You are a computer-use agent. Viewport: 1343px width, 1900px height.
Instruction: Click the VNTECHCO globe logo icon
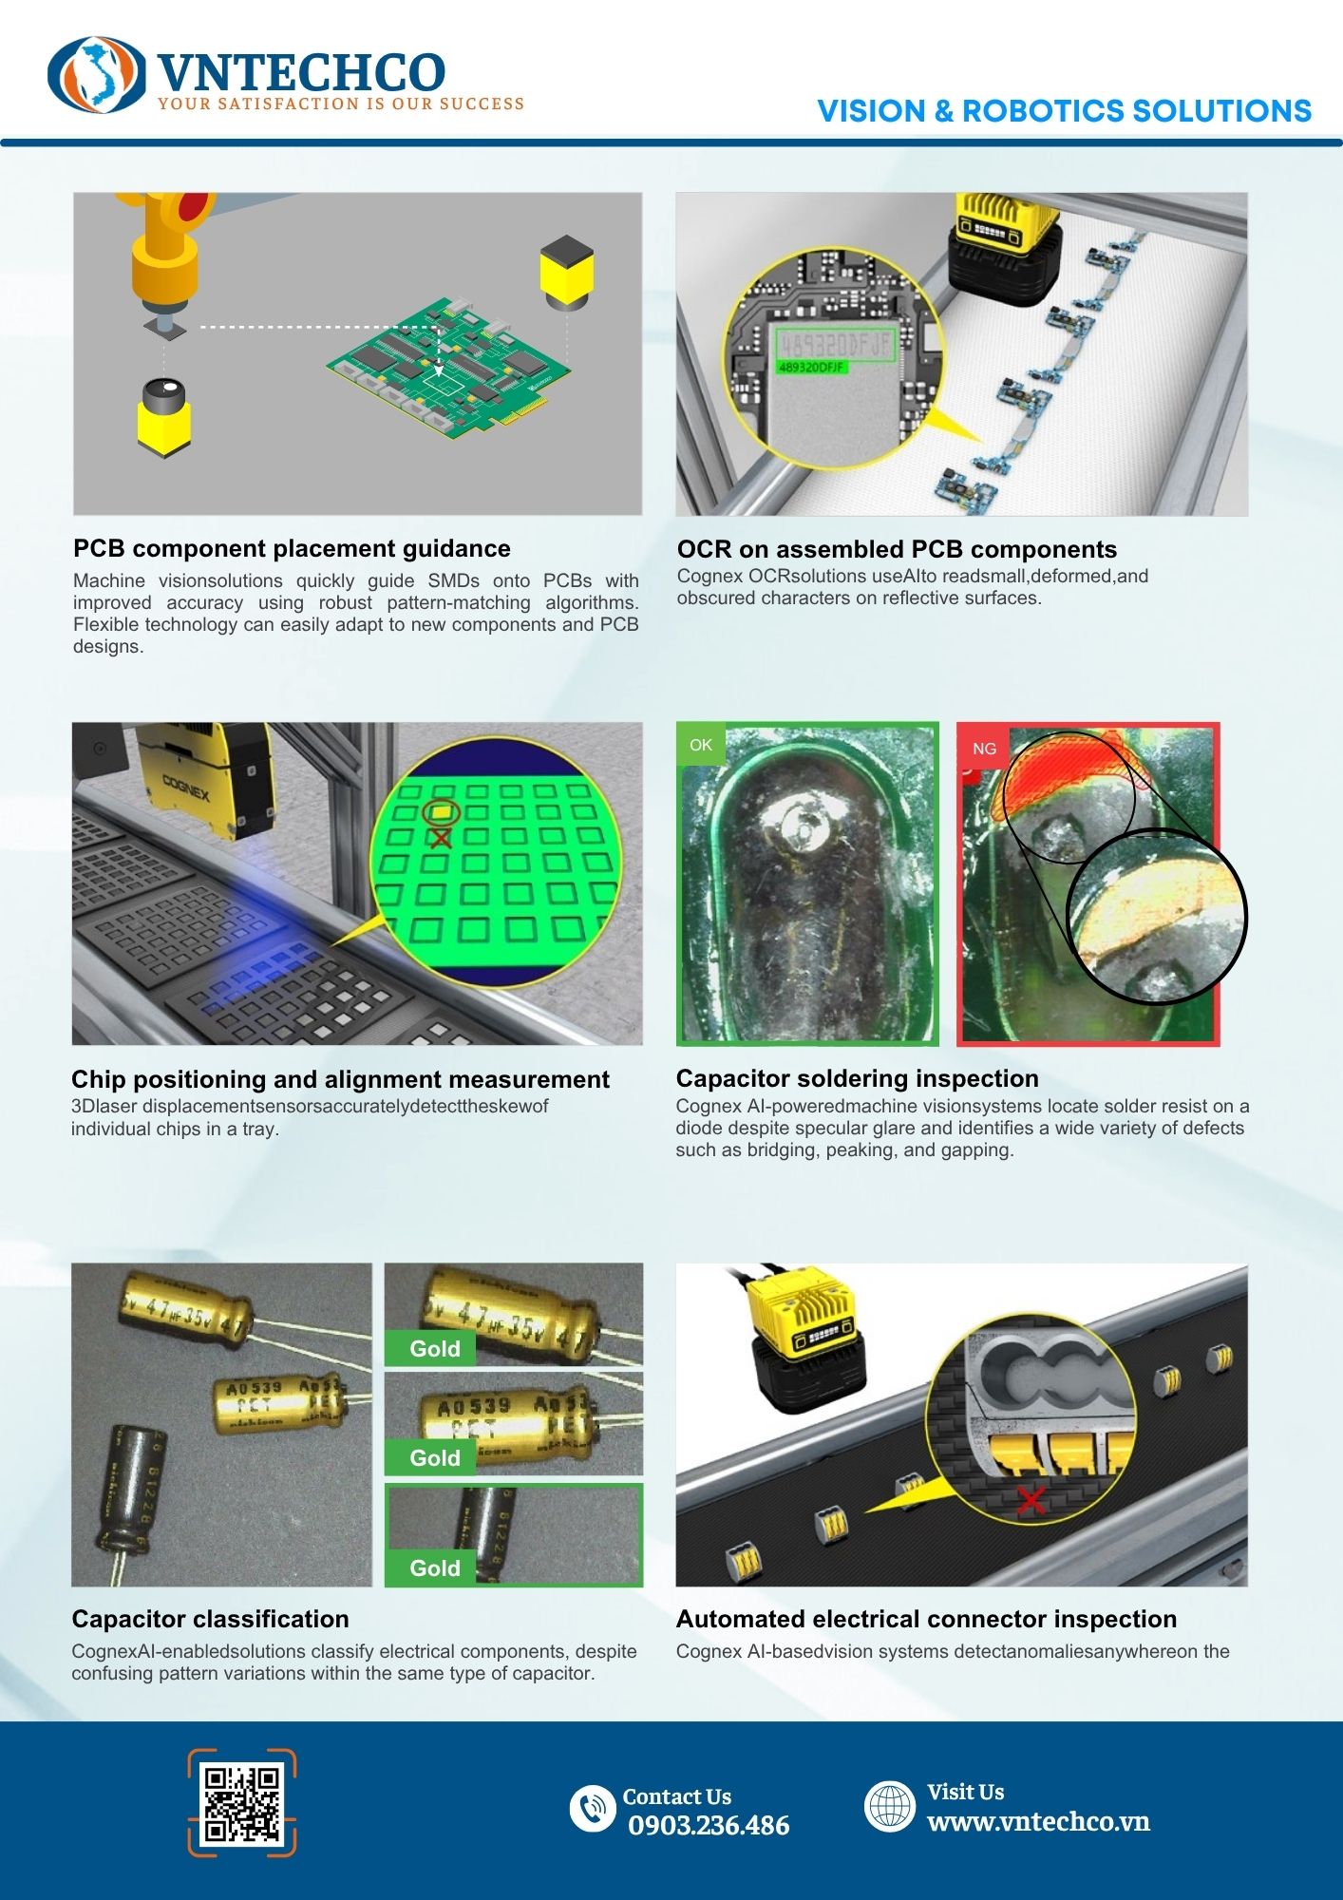[x=97, y=75]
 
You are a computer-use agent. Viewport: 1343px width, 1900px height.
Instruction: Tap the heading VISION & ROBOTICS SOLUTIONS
[x=1064, y=111]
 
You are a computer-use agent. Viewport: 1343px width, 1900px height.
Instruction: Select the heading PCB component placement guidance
[x=292, y=548]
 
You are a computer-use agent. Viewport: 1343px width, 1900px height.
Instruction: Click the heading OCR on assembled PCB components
[x=897, y=549]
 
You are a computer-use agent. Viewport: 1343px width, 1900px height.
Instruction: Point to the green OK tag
[x=701, y=745]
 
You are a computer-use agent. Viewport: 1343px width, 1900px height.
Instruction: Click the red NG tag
[x=984, y=749]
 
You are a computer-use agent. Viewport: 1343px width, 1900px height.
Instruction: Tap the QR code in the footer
[x=242, y=1802]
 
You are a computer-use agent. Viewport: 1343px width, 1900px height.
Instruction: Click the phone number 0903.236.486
[x=709, y=1825]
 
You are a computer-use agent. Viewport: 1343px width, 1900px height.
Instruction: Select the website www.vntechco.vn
[x=1038, y=1821]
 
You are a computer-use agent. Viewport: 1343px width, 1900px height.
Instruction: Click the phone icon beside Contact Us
[x=593, y=1807]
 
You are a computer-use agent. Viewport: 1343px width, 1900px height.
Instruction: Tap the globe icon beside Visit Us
[x=890, y=1806]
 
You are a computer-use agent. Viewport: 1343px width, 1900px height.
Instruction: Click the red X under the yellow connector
[x=1031, y=1501]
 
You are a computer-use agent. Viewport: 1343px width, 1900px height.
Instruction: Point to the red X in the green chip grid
[x=440, y=838]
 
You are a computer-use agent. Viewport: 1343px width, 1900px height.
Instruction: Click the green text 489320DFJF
[x=811, y=367]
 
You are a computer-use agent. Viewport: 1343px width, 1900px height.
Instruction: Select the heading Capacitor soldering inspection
[x=857, y=1078]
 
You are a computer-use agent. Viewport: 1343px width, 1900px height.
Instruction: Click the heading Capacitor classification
[x=210, y=1619]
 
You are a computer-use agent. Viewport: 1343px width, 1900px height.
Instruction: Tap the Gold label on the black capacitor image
[x=435, y=1567]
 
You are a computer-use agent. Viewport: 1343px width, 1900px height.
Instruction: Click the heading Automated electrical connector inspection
[x=926, y=1619]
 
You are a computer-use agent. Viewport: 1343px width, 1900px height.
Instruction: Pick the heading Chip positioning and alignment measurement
[x=340, y=1079]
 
